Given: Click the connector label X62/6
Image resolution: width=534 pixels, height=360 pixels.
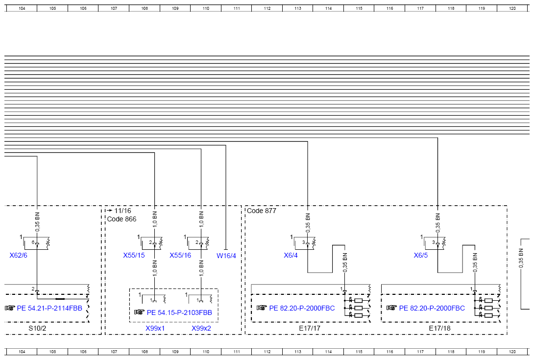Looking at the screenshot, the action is point(19,256).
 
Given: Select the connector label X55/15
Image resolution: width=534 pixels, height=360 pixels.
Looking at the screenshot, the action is point(134,256).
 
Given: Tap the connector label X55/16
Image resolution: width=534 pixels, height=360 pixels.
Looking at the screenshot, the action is point(180,256).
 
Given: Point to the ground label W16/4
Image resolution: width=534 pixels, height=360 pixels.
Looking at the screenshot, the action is point(226,256).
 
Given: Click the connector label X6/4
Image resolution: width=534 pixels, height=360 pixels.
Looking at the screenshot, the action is point(291,256).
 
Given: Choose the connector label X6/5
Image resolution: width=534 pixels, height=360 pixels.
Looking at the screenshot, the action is point(421,256).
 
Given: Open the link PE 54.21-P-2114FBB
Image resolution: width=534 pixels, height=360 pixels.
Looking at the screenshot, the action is point(49,308).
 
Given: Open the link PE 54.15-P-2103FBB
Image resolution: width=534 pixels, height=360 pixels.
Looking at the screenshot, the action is point(179,312).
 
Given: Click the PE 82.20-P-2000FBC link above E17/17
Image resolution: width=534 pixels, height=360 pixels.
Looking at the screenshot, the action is point(302,308).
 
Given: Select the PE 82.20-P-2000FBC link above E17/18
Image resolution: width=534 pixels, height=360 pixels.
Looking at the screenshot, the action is point(432,308).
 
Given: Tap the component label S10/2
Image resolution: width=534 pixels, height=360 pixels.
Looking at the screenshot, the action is point(37,329).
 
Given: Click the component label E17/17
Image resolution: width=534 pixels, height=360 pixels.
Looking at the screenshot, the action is point(310,329).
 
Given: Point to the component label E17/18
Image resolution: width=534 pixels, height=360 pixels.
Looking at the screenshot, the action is point(439,329).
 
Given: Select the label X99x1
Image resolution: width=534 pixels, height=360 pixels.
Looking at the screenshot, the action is point(155,329).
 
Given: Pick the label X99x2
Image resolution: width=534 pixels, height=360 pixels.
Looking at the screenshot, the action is point(201,329).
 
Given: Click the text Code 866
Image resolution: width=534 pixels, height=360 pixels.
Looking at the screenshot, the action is point(121,219).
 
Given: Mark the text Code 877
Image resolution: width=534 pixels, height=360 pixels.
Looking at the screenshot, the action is point(262,211).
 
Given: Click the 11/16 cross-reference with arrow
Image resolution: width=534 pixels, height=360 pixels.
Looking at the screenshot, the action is point(119,211).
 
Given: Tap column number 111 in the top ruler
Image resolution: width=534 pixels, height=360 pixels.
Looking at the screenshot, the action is point(237,8).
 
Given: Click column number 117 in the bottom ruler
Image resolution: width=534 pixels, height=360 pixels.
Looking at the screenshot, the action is point(421,352).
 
